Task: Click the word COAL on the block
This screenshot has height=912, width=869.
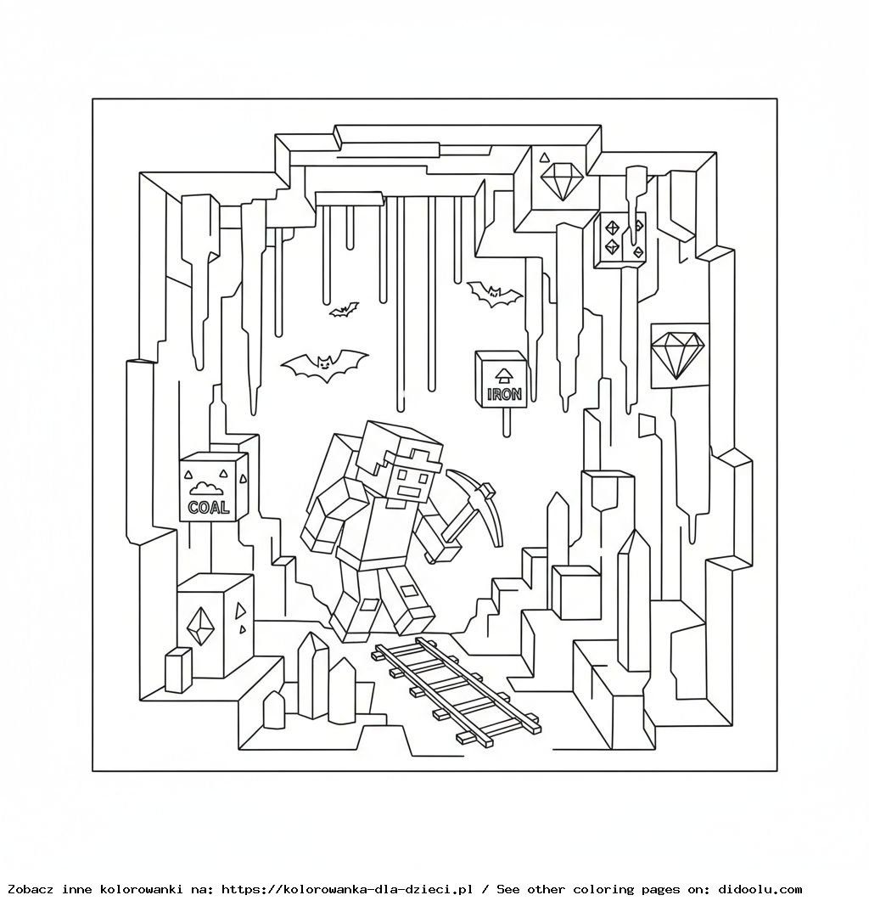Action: pyautogui.click(x=209, y=507)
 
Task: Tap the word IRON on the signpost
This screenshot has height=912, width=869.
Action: pyautogui.click(x=504, y=394)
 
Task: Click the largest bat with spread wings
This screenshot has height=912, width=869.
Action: pyautogui.click(x=324, y=364)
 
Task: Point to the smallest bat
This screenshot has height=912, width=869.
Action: pyautogui.click(x=344, y=309)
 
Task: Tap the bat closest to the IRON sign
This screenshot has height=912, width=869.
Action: pyautogui.click(x=495, y=294)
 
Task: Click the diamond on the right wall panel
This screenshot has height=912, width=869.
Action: pyautogui.click(x=678, y=352)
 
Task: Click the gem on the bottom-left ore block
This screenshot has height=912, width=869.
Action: pyautogui.click(x=199, y=626)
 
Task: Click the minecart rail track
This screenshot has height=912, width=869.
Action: pyautogui.click(x=456, y=691)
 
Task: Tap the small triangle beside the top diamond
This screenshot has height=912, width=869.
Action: pyautogui.click(x=544, y=157)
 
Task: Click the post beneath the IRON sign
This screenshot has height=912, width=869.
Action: pyautogui.click(x=507, y=421)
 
